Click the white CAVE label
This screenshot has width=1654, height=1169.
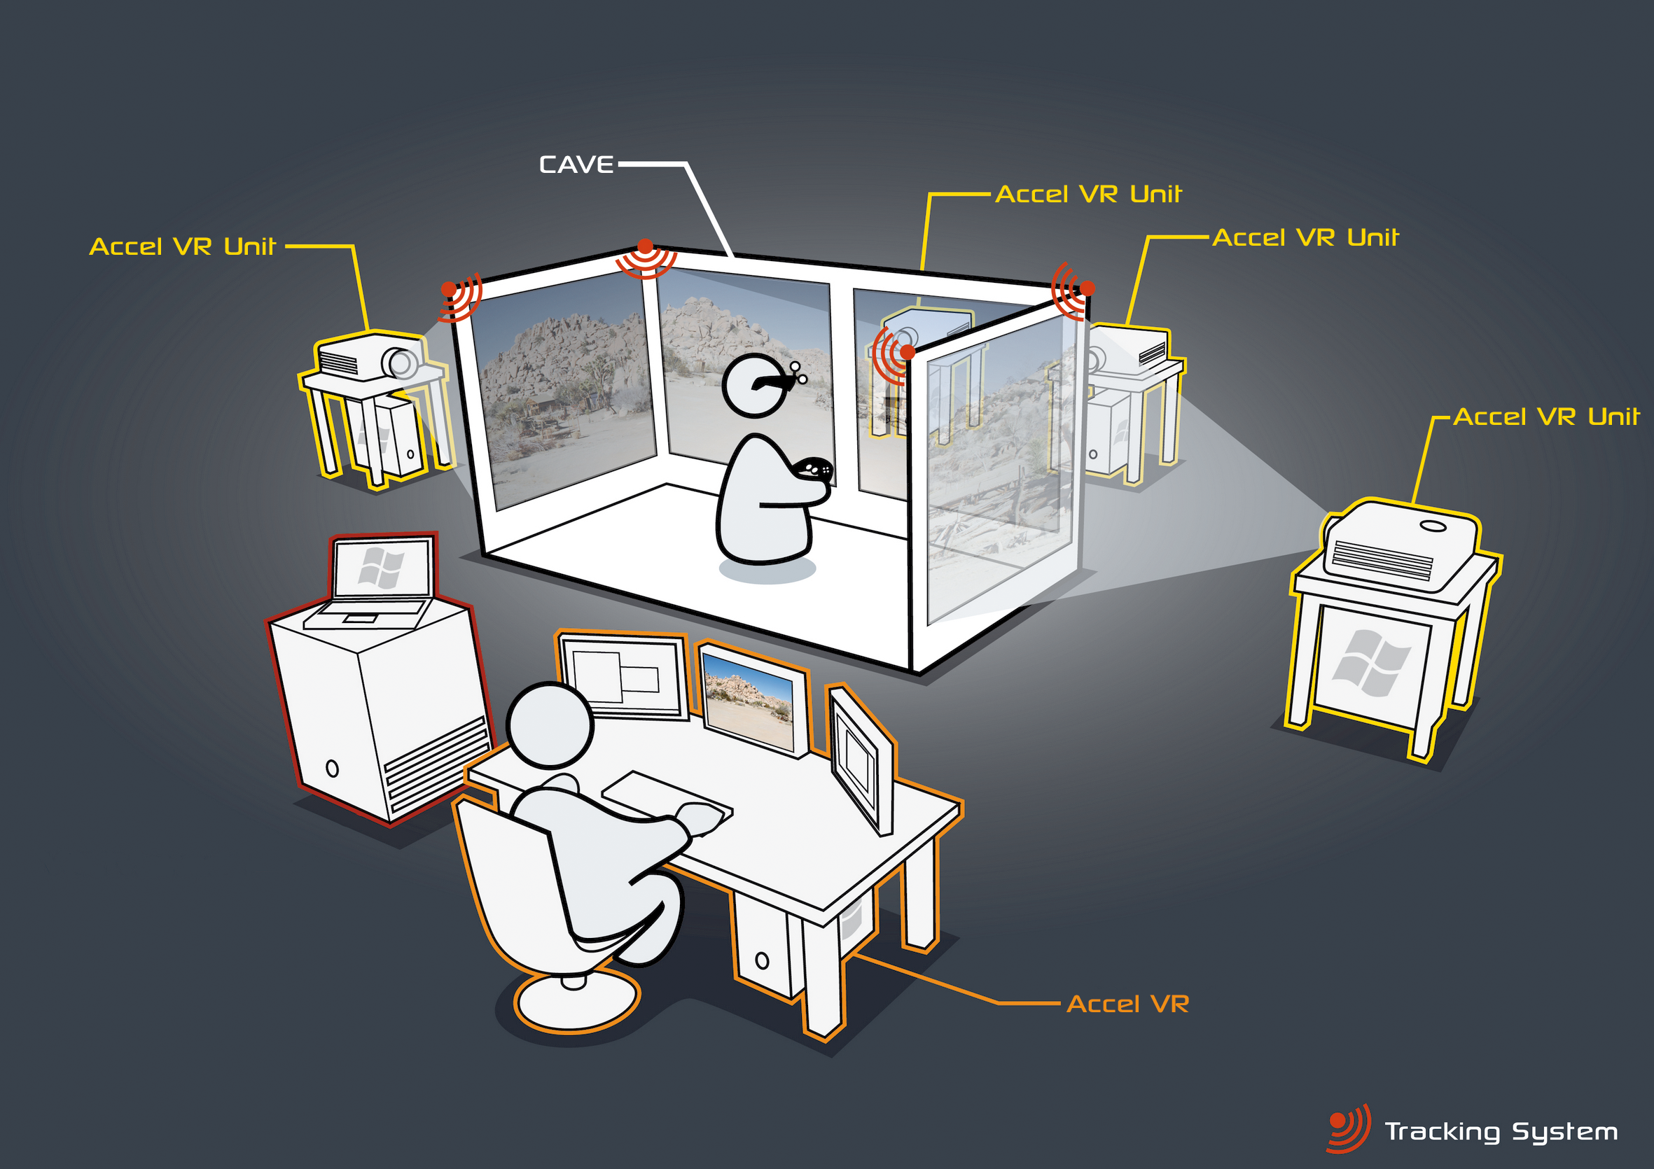tap(576, 165)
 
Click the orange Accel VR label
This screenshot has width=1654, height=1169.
tap(1127, 1003)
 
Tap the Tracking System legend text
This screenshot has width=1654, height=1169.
tap(1501, 1131)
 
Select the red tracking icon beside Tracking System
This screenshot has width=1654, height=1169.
tap(1348, 1127)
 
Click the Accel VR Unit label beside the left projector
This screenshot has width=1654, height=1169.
tap(183, 246)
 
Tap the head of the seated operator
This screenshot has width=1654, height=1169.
tap(550, 724)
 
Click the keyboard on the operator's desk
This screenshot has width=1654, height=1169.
tap(667, 796)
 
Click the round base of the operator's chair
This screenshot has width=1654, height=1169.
tap(577, 997)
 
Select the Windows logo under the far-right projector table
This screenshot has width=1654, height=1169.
tap(1371, 663)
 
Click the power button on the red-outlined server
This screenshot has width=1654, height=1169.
tap(332, 768)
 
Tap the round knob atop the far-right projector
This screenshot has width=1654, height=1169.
tap(1433, 526)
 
